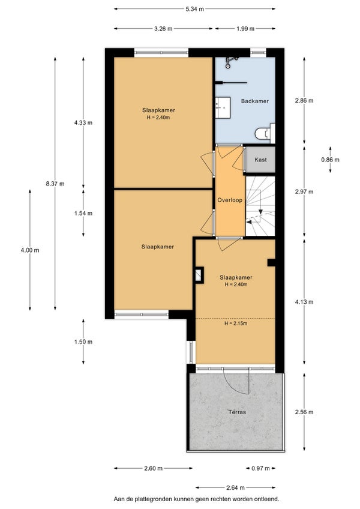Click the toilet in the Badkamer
tap(265, 133)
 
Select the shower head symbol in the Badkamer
tap(231, 62)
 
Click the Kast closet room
tap(260, 160)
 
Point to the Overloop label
tap(230, 200)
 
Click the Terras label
tap(237, 412)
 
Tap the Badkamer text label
tap(255, 101)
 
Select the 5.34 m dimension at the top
tap(195, 9)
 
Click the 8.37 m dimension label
tap(55, 184)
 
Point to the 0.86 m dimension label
tap(330, 160)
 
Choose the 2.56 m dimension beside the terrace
tap(304, 412)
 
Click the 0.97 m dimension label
tap(260, 468)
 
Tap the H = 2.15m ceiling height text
tap(236, 324)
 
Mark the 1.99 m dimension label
tap(245, 29)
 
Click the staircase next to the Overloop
tap(260, 206)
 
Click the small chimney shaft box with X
tap(199, 275)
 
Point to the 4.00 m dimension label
tap(30, 250)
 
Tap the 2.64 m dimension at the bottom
tap(235, 487)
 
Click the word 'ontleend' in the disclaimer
tap(268, 499)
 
